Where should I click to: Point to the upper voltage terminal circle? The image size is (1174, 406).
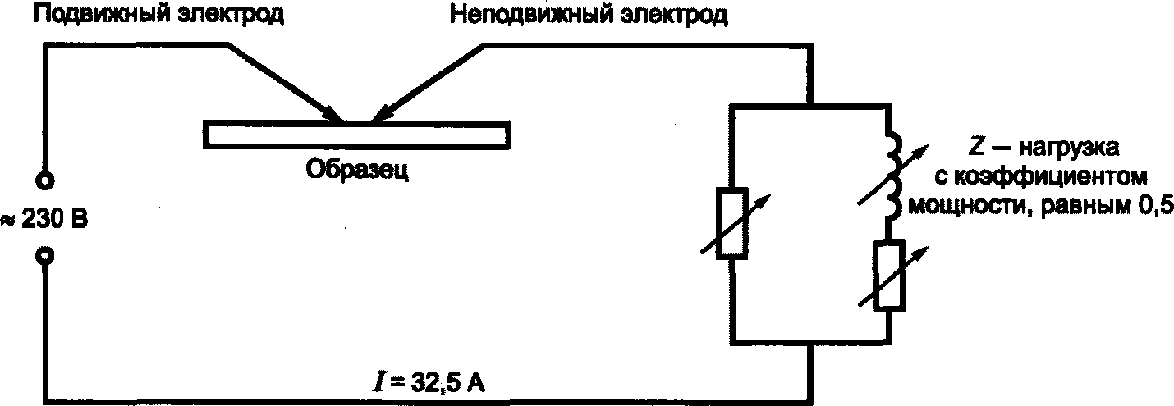coord(46,180)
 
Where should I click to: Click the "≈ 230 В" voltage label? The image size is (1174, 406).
coord(45,220)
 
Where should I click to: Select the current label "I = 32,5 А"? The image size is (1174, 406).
coord(426,384)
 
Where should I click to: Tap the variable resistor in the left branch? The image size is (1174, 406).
coord(731,224)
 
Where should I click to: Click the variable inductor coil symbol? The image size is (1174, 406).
coord(891,176)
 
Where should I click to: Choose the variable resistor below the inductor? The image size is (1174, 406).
coord(891,276)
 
